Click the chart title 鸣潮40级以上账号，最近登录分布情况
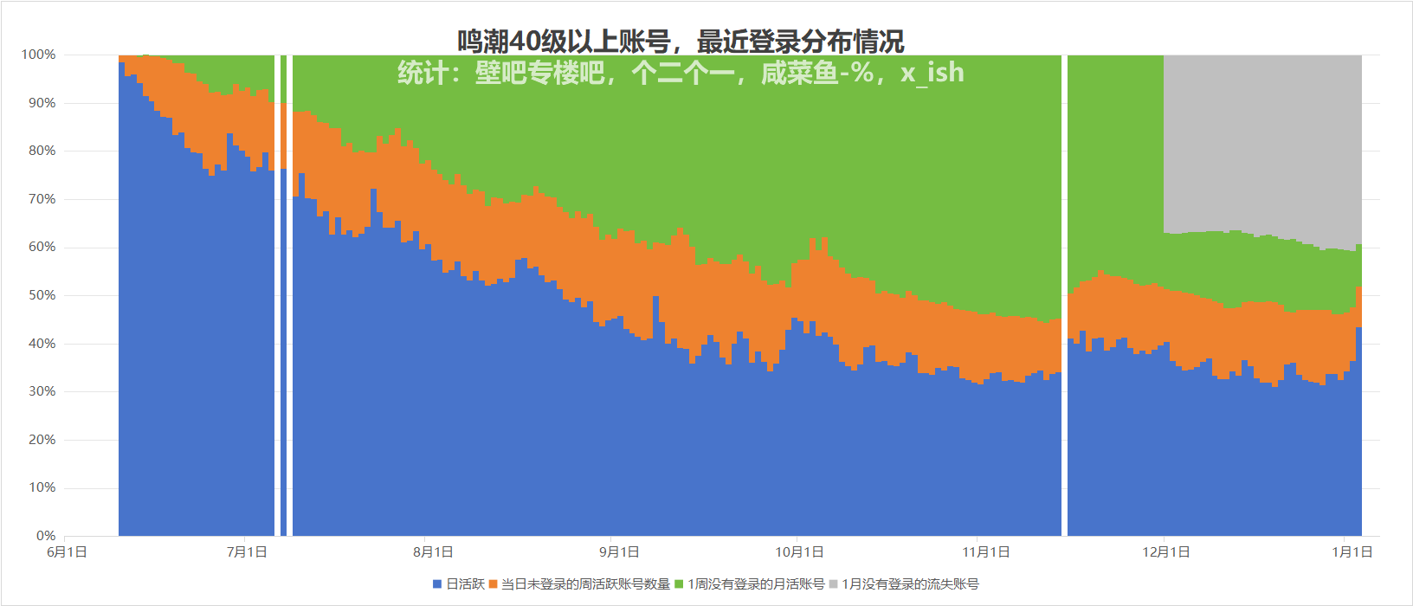click(x=681, y=41)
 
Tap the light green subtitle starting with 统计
click(x=681, y=73)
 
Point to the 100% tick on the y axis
click(x=39, y=55)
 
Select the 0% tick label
click(x=46, y=536)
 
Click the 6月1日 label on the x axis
click(x=67, y=552)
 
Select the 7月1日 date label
click(x=247, y=552)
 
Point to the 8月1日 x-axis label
click(x=433, y=552)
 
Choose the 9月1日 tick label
click(x=619, y=552)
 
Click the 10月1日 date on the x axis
click(x=799, y=552)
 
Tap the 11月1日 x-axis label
click(x=986, y=552)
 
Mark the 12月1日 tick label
click(x=1166, y=552)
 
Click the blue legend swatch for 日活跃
click(x=437, y=584)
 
